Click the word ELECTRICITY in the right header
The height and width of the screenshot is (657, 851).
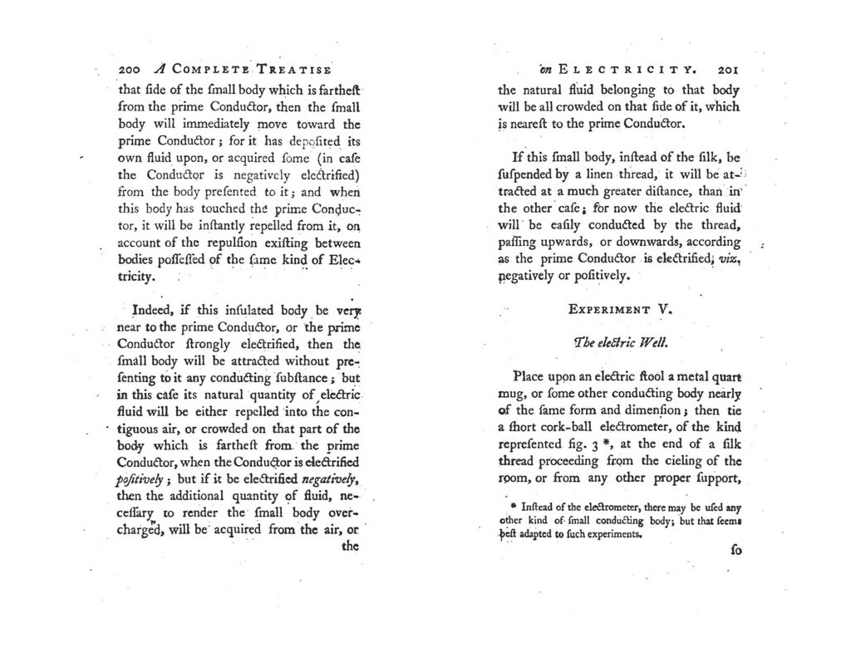[x=626, y=71]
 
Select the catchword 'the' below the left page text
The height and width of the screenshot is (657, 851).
[x=349, y=547]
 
